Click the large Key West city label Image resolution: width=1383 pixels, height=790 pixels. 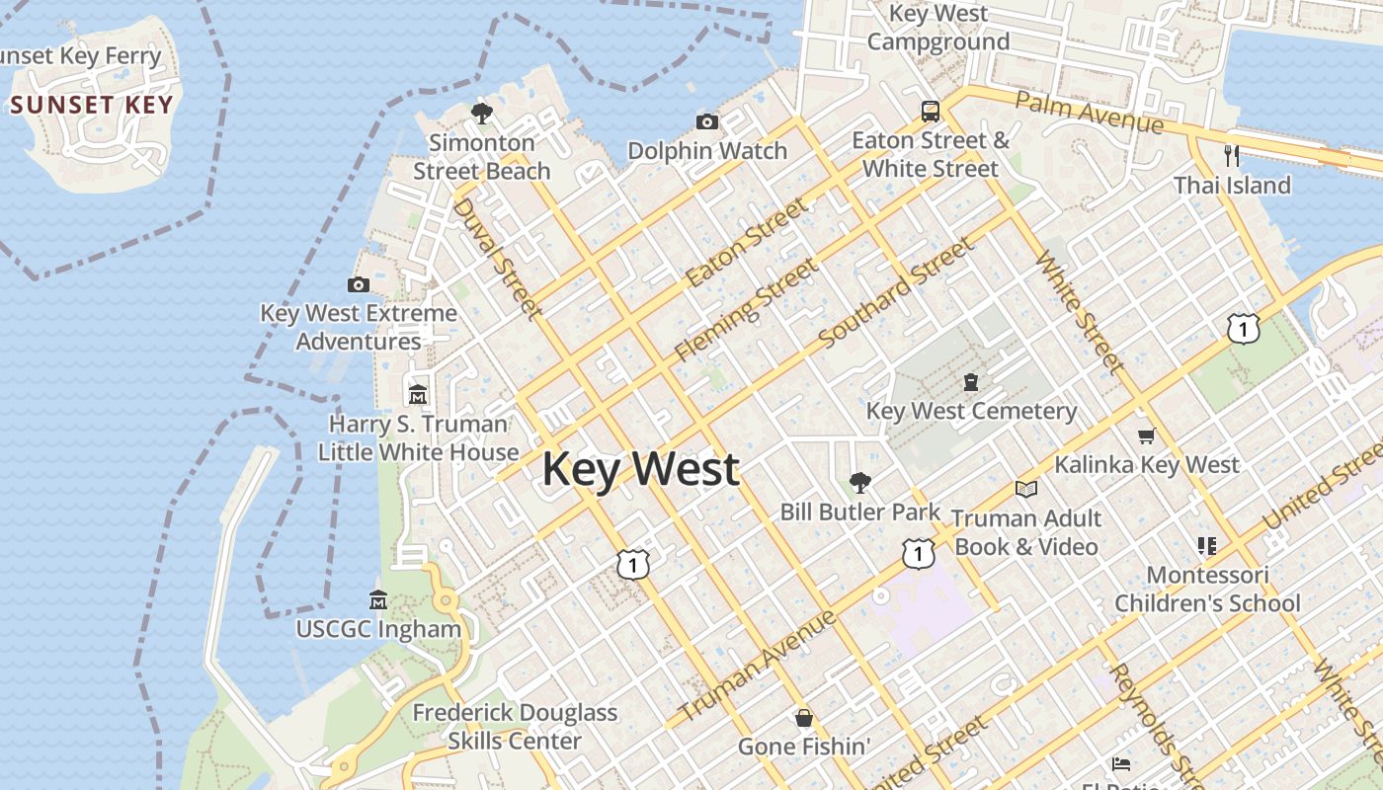click(640, 468)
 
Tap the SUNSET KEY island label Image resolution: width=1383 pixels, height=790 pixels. click(92, 105)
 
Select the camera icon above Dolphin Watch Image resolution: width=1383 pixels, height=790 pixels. click(707, 122)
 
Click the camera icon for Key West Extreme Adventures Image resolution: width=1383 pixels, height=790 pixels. click(359, 285)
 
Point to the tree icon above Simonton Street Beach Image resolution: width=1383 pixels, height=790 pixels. click(482, 114)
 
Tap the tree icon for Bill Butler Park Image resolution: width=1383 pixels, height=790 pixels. click(860, 483)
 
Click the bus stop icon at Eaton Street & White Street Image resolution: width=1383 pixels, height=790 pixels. click(930, 111)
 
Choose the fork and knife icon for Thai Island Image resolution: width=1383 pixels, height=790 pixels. click(1231, 155)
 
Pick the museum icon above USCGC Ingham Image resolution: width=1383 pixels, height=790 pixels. click(378, 600)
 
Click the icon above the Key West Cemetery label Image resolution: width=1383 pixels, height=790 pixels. click(971, 382)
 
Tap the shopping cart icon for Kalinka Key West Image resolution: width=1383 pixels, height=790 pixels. click(1146, 435)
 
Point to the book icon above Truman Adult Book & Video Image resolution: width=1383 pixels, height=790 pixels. click(1026, 489)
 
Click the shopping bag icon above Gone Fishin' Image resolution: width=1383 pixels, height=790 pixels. click(804, 717)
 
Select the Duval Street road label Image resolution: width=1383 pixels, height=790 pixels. click(498, 258)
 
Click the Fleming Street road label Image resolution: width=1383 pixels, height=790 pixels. click(747, 309)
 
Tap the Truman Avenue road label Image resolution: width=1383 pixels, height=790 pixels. click(758, 665)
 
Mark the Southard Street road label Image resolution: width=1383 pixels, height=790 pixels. click(896, 292)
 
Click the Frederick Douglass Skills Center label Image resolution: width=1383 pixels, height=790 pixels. click(515, 726)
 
